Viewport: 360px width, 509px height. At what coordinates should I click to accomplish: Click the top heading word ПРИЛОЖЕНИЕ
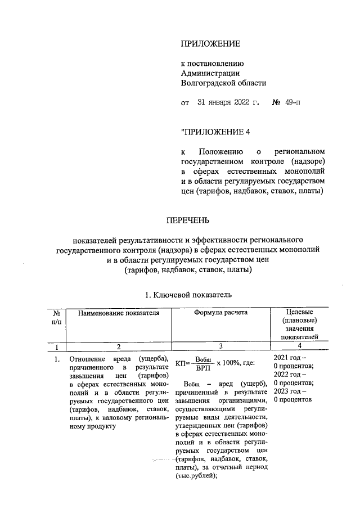tap(210, 43)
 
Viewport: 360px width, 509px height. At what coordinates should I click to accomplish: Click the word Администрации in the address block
tap(210, 73)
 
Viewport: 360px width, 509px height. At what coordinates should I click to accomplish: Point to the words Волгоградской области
tap(223, 83)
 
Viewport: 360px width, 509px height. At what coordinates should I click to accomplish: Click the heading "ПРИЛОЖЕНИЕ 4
tap(214, 132)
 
